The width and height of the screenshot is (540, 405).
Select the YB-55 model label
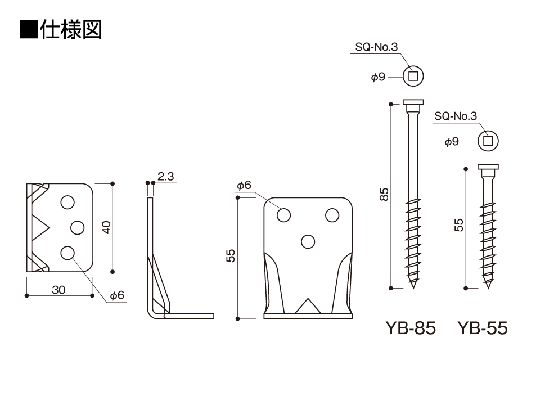[x=483, y=328]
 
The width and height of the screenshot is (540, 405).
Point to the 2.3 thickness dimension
[x=166, y=177]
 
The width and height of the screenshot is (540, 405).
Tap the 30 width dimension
[x=59, y=290]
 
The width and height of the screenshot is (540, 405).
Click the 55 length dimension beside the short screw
[x=459, y=226]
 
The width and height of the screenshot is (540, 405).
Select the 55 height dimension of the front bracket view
[x=231, y=256]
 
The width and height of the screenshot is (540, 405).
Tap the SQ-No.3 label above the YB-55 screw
[x=456, y=116]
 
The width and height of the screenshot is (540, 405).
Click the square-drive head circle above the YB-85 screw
[x=413, y=77]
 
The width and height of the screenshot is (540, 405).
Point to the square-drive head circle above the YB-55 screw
[x=488, y=141]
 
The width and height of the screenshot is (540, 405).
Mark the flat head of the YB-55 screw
[x=488, y=167]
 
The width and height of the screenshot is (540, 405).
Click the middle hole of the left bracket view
[x=77, y=227]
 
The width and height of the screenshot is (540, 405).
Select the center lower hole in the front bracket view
[x=308, y=241]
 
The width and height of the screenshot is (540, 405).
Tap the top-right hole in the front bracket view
[x=332, y=215]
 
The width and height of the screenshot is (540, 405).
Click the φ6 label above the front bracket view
[x=244, y=185]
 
